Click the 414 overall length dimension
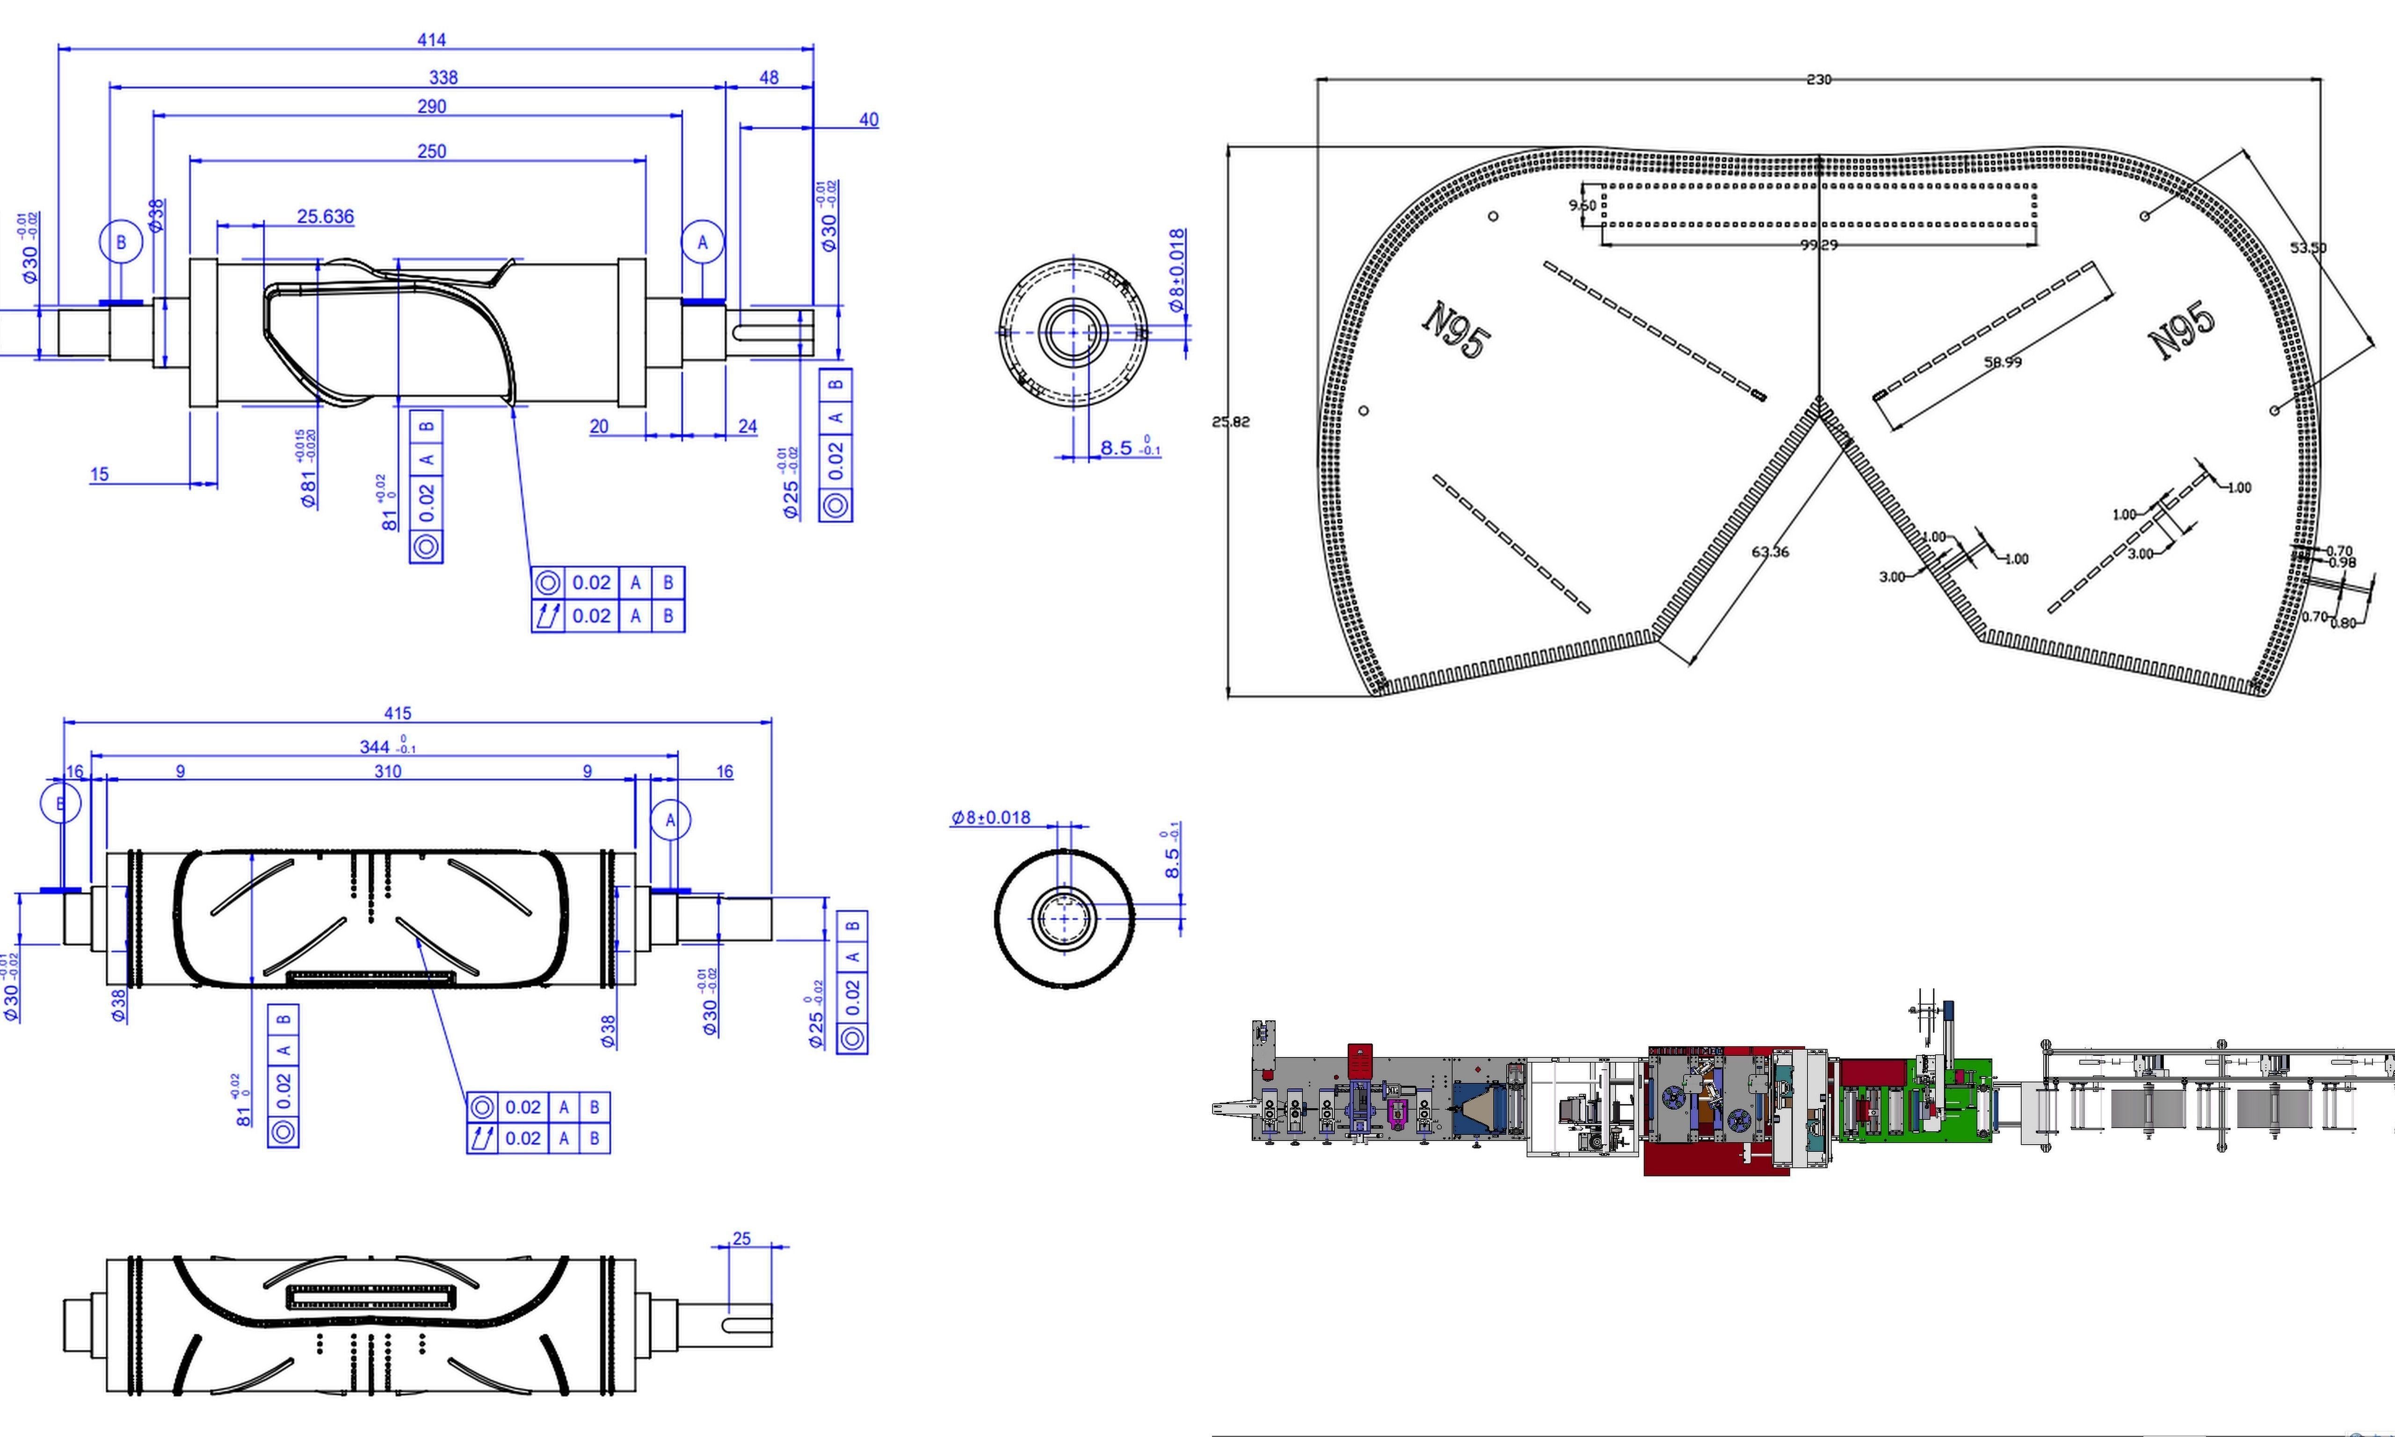coord(432,40)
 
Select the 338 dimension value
coord(443,78)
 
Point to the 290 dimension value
coord(432,107)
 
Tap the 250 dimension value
coord(432,151)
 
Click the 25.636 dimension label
coord(325,216)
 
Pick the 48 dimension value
coord(769,78)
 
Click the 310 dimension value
coord(387,772)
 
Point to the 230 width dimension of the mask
coord(1819,80)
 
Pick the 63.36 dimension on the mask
coord(1771,552)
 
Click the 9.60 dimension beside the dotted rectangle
coord(1582,205)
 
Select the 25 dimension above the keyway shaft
coord(741,1239)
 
